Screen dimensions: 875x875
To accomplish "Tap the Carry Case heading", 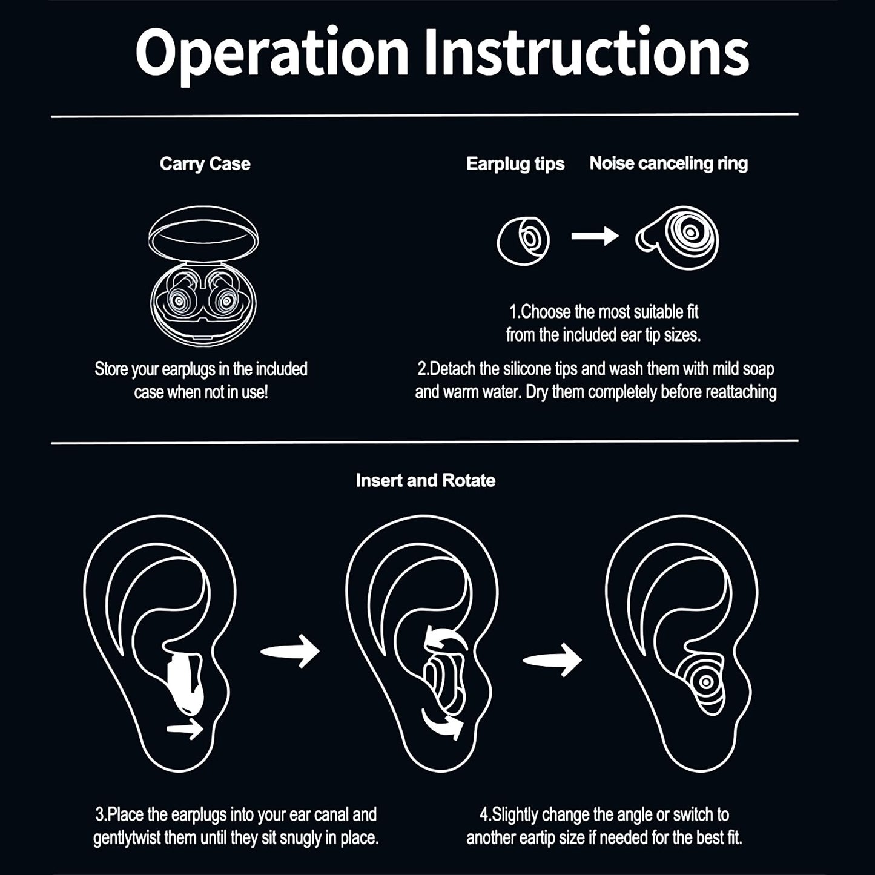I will [x=205, y=164].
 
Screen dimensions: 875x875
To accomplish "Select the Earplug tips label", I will [x=515, y=164].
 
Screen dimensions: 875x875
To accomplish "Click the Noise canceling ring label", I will [x=669, y=163].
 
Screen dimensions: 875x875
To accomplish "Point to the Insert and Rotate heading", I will [x=425, y=480].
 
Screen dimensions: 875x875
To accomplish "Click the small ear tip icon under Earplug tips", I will [x=523, y=240].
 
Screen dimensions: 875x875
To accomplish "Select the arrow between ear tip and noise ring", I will [x=595, y=236].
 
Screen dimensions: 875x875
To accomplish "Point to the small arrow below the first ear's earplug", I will [x=185, y=730].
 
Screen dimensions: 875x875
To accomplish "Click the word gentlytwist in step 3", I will [x=145, y=839].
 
